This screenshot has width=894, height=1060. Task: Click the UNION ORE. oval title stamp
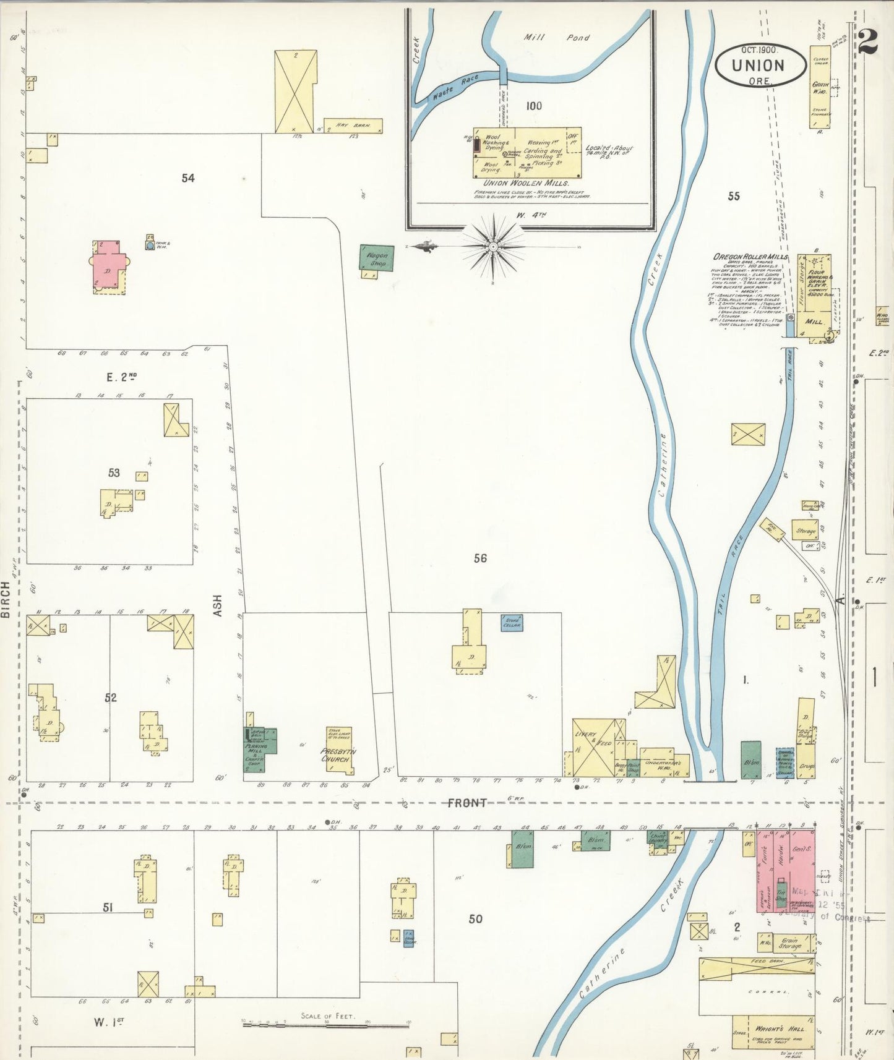click(758, 65)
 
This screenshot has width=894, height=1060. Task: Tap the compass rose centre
click(493, 247)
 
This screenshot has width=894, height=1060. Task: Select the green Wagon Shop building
click(377, 259)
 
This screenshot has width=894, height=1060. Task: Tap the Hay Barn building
click(353, 126)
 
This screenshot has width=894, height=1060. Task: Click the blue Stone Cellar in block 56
click(512, 622)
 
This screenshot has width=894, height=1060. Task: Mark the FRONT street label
click(467, 803)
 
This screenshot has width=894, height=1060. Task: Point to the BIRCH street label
click(6, 599)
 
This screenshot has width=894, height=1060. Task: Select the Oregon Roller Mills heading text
click(750, 257)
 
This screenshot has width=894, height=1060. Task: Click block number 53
click(114, 473)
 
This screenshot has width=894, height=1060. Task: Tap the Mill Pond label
click(557, 38)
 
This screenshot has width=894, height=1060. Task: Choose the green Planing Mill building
click(260, 748)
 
